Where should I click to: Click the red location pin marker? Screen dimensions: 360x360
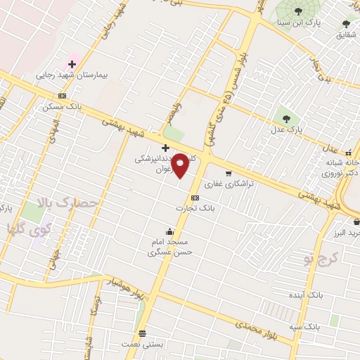(x=180, y=165)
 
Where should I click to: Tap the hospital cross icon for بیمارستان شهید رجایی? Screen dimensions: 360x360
(x=72, y=64)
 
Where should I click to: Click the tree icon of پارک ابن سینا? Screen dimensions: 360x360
(x=299, y=11)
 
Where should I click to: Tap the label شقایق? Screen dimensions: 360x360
(x=346, y=34)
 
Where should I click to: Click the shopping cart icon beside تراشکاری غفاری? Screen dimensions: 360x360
(x=229, y=172)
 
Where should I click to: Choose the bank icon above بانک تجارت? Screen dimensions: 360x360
(x=195, y=198)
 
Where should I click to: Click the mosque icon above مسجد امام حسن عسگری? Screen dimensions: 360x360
(x=169, y=232)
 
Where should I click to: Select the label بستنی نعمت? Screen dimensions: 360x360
(x=143, y=345)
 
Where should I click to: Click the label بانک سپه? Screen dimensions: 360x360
(x=307, y=328)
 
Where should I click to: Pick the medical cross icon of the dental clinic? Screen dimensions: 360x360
(x=165, y=148)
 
